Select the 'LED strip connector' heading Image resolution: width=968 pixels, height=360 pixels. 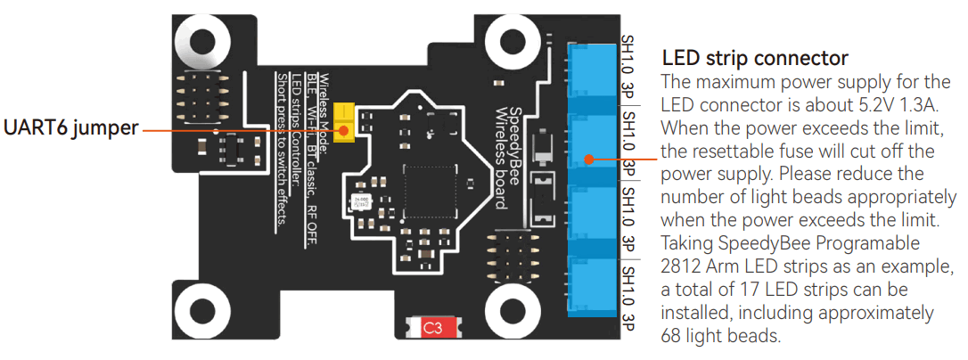pyautogui.click(x=755, y=59)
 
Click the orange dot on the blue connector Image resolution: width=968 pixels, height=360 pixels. pyautogui.click(x=589, y=160)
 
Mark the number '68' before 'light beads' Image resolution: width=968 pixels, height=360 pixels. pyautogui.click(x=672, y=336)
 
